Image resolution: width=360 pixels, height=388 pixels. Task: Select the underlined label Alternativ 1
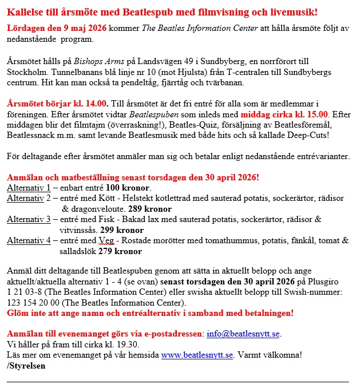[x=29, y=188]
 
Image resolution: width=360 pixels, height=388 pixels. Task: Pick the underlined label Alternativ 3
[x=29, y=220]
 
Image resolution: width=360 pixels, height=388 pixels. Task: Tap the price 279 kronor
[x=120, y=251]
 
